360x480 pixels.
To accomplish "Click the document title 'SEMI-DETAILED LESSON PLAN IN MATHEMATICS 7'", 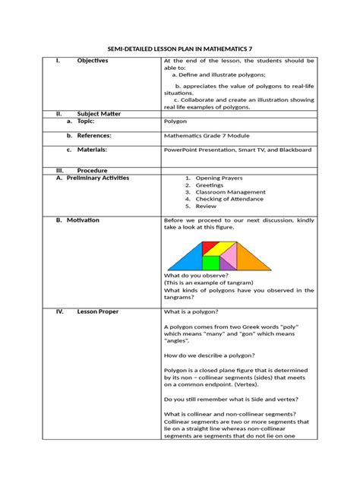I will pyautogui.click(x=179, y=47).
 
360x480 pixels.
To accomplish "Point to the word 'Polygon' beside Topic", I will pyautogui.click(x=176, y=121).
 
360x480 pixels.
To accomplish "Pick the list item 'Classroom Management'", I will pyautogui.click(x=228, y=192).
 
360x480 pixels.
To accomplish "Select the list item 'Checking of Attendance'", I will pyautogui.click(x=229, y=199).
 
